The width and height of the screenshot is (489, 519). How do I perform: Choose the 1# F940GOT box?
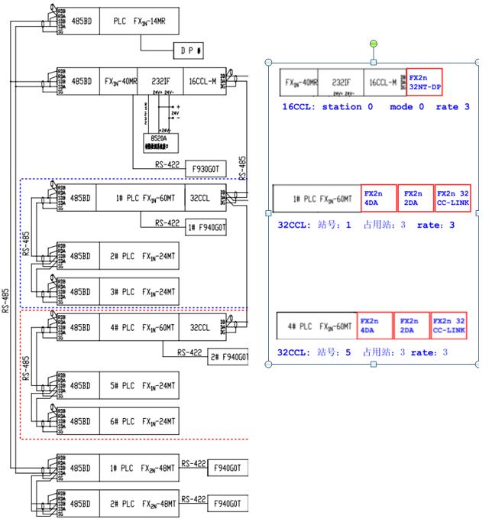click(x=207, y=227)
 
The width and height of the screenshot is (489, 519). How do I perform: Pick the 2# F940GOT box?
click(x=229, y=357)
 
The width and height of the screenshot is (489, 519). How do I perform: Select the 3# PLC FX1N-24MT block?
click(x=138, y=291)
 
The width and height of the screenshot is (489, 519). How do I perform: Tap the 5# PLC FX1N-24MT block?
click(x=138, y=385)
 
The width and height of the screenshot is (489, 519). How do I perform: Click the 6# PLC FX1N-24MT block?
click(x=138, y=421)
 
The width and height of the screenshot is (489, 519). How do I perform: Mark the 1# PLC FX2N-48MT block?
click(x=138, y=466)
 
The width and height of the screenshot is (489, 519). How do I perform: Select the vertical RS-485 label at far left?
click(x=7, y=290)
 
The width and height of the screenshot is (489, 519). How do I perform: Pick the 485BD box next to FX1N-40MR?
click(x=82, y=79)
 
